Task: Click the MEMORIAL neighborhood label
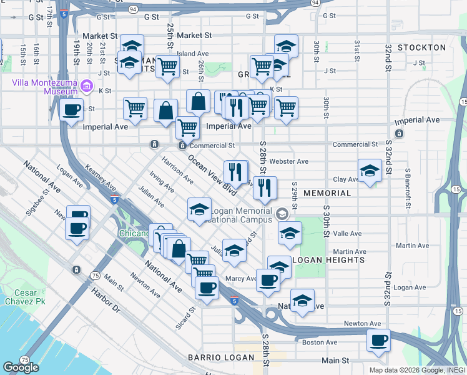pos(327,193)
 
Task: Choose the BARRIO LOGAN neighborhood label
pos(221,357)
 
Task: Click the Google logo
pos(21,367)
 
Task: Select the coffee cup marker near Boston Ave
pos(378,341)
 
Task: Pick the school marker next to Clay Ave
pos(370,171)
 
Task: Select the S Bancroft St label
pos(407,188)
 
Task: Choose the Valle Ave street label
pos(347,234)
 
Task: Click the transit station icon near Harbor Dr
pos(76,269)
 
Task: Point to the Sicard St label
pos(185,317)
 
